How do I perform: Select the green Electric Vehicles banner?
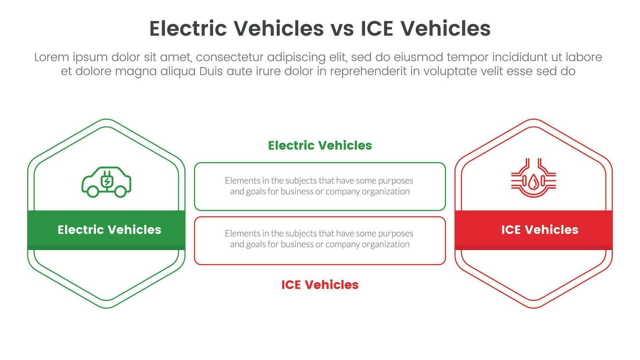(106, 230)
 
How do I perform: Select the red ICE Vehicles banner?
(533, 230)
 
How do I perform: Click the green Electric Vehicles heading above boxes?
(320, 145)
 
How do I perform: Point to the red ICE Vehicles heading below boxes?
(320, 285)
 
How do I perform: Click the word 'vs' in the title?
(342, 29)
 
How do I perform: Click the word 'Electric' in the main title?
(188, 29)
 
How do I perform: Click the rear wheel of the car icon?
(93, 191)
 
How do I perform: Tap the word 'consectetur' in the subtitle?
(230, 57)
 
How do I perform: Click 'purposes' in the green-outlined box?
(395, 181)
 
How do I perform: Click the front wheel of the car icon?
(120, 191)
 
